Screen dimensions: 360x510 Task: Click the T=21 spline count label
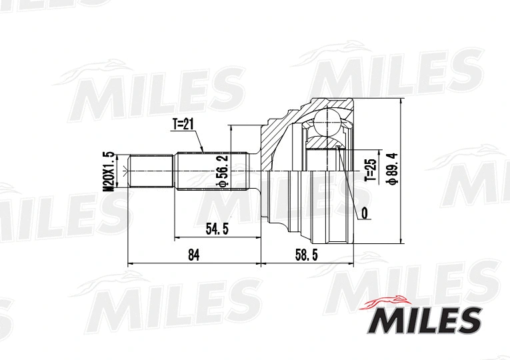183,125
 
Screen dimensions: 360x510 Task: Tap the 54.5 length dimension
217,229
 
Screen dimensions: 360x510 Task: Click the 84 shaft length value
194,255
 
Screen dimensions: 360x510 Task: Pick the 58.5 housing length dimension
307,255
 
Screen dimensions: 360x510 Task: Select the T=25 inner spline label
370,171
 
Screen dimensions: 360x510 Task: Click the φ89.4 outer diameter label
393,169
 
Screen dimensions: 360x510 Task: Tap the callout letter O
364,213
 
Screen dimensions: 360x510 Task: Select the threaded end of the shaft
151,171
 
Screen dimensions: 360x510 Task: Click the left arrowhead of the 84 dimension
129,263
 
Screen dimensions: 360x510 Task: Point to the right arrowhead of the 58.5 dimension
351,263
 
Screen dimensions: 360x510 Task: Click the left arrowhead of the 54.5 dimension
177,237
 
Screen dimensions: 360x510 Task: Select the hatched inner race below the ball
325,141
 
